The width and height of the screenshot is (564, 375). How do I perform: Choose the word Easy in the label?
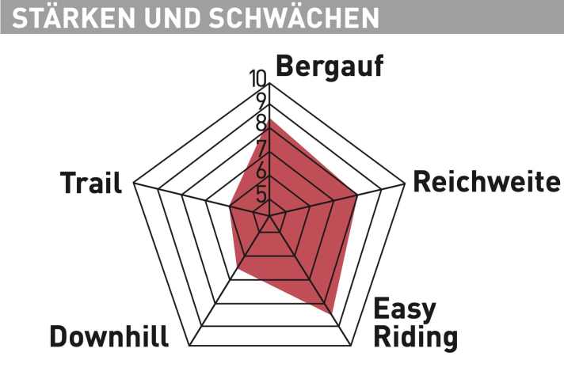point(404,309)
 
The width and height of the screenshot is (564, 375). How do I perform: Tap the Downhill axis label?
point(109,336)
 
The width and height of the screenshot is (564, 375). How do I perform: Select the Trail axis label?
point(91,184)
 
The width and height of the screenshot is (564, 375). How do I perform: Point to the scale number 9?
point(261,101)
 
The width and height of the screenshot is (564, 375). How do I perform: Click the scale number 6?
point(261,171)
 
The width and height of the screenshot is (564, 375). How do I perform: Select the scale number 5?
point(261,194)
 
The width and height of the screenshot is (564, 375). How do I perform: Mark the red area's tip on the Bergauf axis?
point(270,120)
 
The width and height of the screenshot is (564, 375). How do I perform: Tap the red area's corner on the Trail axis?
point(230,208)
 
